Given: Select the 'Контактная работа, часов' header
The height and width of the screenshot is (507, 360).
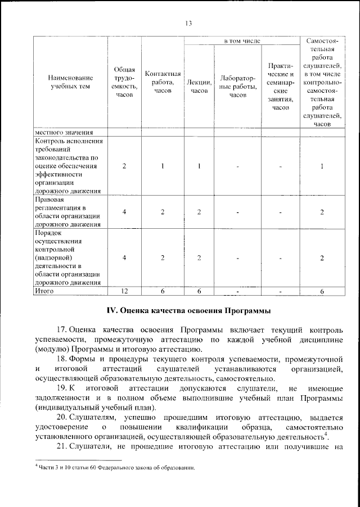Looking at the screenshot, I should click(x=163, y=82).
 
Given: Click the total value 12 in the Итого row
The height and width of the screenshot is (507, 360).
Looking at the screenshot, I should click(x=124, y=291).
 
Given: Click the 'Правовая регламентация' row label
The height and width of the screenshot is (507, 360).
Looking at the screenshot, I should click(x=67, y=211).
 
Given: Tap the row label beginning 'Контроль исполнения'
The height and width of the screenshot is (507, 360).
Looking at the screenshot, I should click(x=67, y=166).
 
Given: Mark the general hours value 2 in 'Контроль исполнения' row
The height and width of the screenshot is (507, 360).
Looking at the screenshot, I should click(x=124, y=166).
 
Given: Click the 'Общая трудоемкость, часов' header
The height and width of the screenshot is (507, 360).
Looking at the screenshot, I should click(x=124, y=82).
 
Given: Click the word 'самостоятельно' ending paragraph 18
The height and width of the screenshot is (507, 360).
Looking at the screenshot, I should click(x=233, y=378).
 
